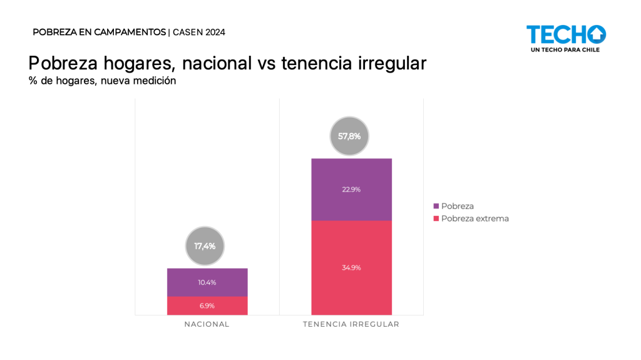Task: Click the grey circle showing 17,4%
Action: pyautogui.click(x=204, y=246)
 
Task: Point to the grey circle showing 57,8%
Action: pyautogui.click(x=349, y=136)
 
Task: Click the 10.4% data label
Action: pyautogui.click(x=207, y=282)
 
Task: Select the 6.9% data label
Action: pyautogui.click(x=207, y=306)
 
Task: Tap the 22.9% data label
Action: pyautogui.click(x=351, y=190)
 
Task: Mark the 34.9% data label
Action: pyautogui.click(x=351, y=267)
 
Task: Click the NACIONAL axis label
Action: pyautogui.click(x=207, y=324)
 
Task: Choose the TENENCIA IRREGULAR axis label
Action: pyautogui.click(x=351, y=324)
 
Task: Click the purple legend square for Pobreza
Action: pyautogui.click(x=436, y=206)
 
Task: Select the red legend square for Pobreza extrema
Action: pyautogui.click(x=436, y=219)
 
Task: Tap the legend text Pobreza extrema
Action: pyautogui.click(x=475, y=219)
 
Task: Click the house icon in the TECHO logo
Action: pyautogui.click(x=597, y=34)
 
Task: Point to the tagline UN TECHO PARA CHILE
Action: pyautogui.click(x=565, y=49)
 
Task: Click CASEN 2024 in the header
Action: pyautogui.click(x=199, y=32)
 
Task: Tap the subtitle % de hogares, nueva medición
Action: pyautogui.click(x=102, y=81)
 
